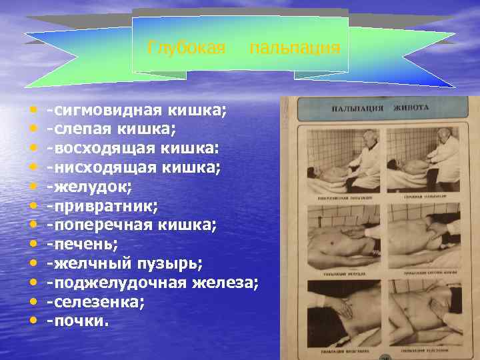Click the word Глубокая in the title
pyautogui.click(x=187, y=48)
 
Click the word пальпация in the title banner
pyautogui.click(x=295, y=48)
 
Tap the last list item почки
pyautogui.click(x=77, y=321)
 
